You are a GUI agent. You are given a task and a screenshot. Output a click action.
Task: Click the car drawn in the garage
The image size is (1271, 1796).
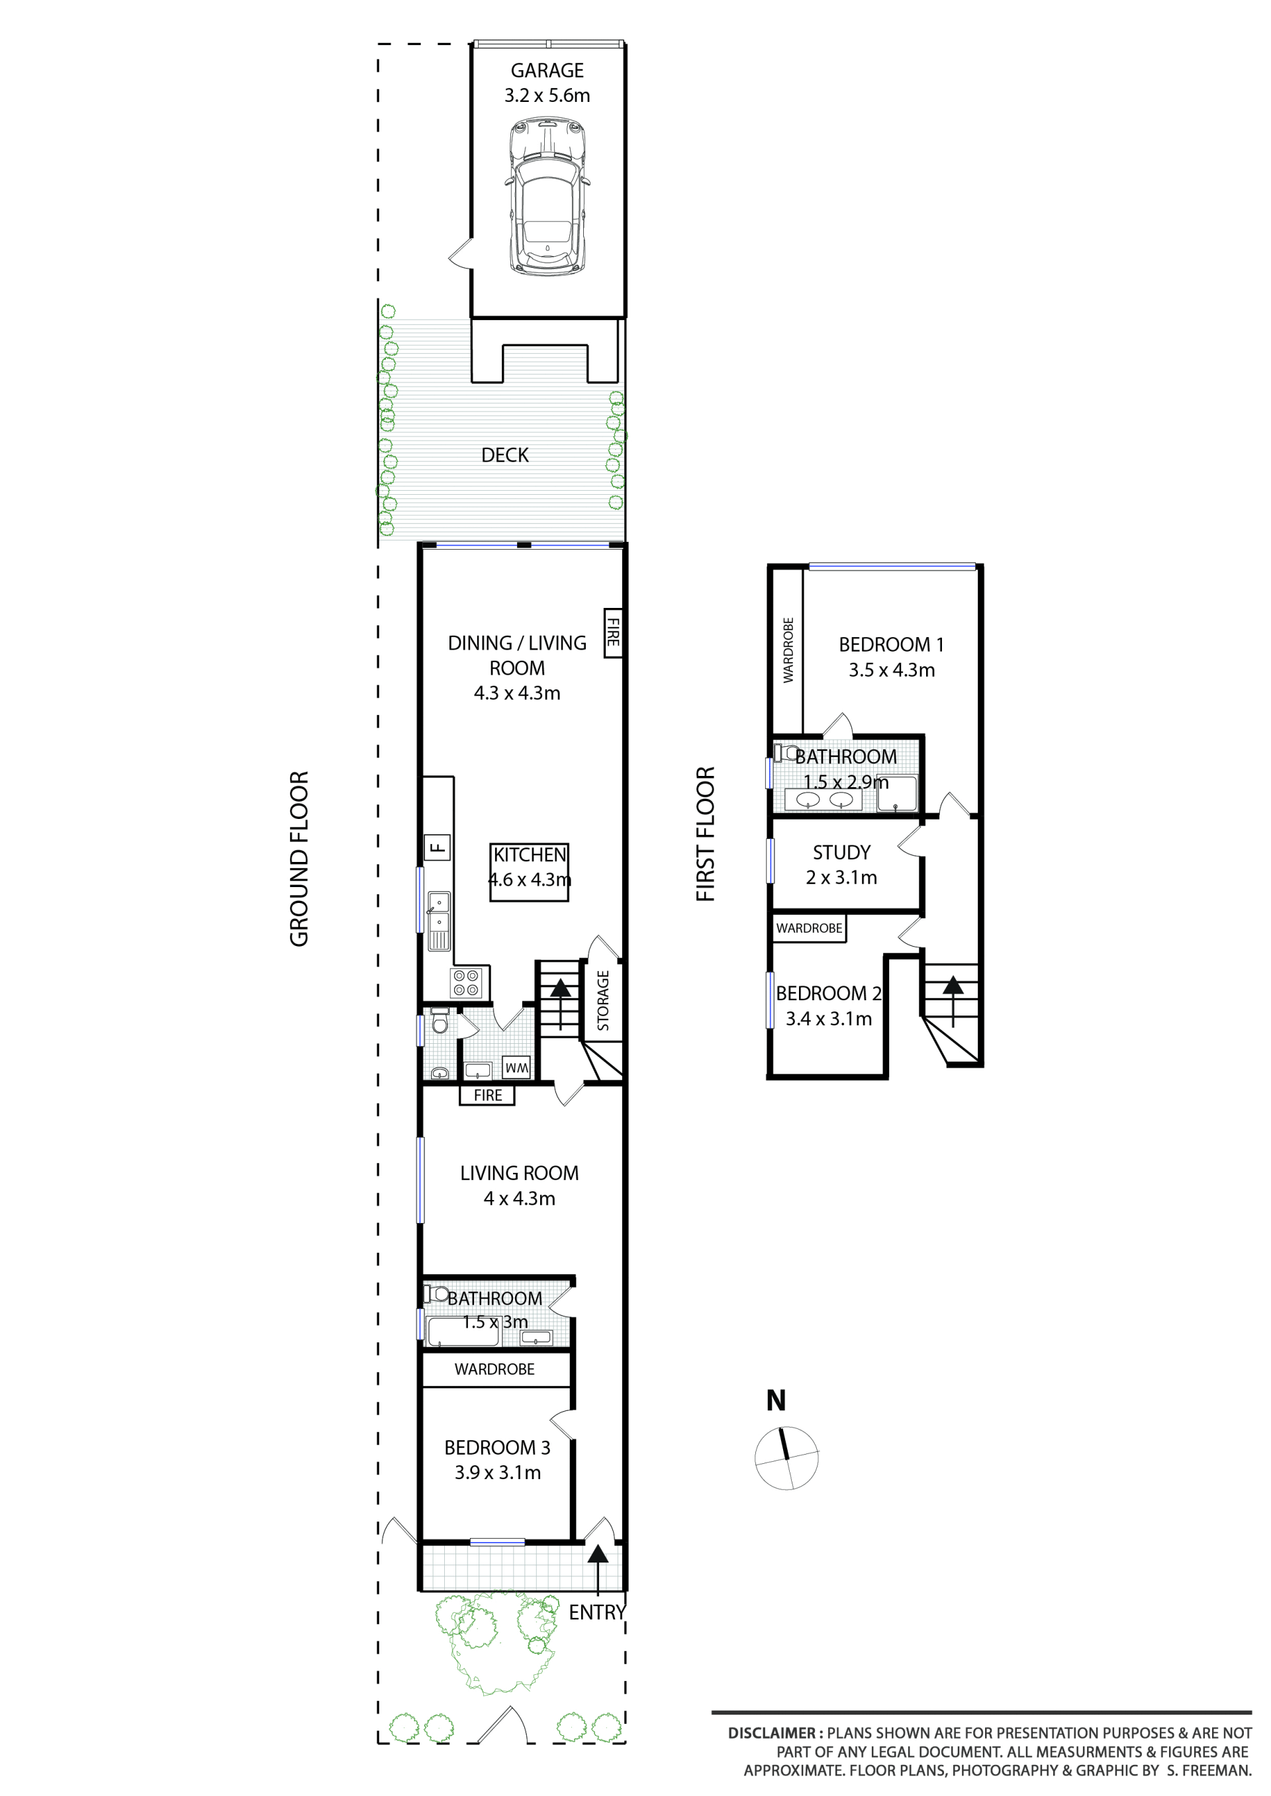(547, 196)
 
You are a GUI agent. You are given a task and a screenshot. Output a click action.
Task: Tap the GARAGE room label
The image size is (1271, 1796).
(547, 70)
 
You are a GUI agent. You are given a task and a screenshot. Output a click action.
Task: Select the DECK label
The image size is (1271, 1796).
(505, 455)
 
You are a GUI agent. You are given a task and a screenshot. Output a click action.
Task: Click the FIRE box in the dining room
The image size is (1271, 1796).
(613, 633)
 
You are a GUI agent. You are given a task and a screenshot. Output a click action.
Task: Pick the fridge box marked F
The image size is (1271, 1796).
(438, 847)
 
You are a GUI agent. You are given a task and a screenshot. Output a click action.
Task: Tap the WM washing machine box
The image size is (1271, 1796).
(516, 1067)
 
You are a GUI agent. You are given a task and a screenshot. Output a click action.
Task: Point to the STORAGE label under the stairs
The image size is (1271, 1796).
(602, 1000)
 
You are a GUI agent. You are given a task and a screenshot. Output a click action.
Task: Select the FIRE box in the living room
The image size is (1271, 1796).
(488, 1095)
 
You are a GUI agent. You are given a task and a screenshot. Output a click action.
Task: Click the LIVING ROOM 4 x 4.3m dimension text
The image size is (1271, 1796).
(520, 1199)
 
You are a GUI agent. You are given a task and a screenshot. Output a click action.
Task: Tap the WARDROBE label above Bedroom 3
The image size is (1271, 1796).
(494, 1369)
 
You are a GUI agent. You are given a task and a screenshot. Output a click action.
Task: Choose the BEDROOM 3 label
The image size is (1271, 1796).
(497, 1447)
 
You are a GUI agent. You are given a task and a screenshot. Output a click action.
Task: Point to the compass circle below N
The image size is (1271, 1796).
(786, 1458)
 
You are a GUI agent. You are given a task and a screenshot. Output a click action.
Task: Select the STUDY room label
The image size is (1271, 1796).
(841, 852)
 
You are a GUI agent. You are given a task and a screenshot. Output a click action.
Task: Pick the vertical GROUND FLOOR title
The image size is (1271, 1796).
(300, 859)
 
